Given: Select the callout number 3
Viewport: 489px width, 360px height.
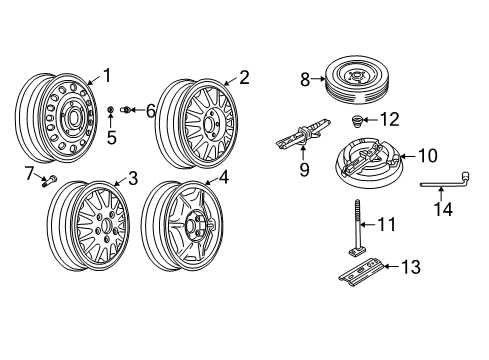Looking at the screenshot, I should [x=133, y=178].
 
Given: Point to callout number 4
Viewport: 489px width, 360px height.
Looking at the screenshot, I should [x=224, y=178].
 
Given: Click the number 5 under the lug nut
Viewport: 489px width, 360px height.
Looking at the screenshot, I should [x=112, y=137].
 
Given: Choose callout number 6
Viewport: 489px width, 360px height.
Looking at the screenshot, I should [x=150, y=110].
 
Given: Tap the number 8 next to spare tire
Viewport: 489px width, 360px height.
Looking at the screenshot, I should [x=304, y=76].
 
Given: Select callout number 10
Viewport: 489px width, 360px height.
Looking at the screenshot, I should [x=427, y=155].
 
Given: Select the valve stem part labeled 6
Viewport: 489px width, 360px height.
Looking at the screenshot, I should [x=127, y=109].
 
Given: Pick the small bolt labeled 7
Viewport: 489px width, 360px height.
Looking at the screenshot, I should [x=48, y=181].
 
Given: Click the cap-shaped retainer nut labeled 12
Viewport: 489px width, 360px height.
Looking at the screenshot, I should [x=356, y=121].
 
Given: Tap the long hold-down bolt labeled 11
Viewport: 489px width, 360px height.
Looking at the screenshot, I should [x=357, y=232].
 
